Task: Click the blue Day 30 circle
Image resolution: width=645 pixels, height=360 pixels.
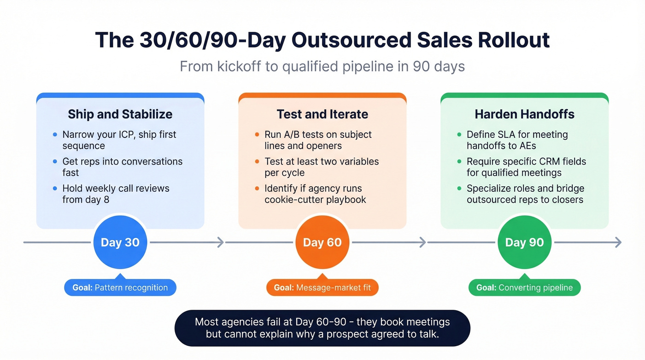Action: [x=120, y=242]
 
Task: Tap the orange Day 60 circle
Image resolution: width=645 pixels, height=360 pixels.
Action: [x=322, y=242]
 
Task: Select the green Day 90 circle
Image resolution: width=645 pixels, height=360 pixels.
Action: [x=524, y=242]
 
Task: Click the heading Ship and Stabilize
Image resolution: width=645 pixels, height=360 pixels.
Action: [x=120, y=114]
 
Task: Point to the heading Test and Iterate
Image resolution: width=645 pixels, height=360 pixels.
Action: [x=322, y=114]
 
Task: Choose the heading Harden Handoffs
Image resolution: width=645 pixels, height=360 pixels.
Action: [x=524, y=114]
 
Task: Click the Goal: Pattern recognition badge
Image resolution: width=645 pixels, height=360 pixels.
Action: [x=120, y=288]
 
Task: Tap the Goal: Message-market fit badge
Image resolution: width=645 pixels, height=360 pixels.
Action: [x=322, y=288]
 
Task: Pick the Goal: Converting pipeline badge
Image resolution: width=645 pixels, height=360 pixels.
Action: [x=524, y=288]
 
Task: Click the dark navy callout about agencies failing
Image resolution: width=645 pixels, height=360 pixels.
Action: [x=322, y=328]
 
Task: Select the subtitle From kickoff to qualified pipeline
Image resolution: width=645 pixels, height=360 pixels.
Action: [x=322, y=66]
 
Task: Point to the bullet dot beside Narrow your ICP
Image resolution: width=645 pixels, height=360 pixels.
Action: [x=55, y=135]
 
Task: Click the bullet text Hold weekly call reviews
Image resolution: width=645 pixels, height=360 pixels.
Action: [x=116, y=194]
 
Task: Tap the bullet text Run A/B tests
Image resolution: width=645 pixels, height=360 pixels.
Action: [x=318, y=140]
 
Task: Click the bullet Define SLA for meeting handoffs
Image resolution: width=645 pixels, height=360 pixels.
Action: [x=517, y=140]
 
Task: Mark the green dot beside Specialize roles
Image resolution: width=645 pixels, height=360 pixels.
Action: [x=459, y=188]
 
